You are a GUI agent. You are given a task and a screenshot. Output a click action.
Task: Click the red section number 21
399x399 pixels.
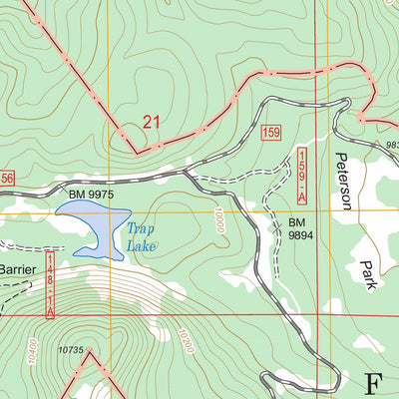[152, 123]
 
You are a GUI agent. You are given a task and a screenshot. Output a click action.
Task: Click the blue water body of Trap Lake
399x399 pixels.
[95, 224]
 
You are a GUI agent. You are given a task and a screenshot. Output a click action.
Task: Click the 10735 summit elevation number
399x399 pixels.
[70, 349]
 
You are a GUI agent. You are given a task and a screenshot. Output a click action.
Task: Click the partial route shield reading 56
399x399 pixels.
[7, 177]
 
